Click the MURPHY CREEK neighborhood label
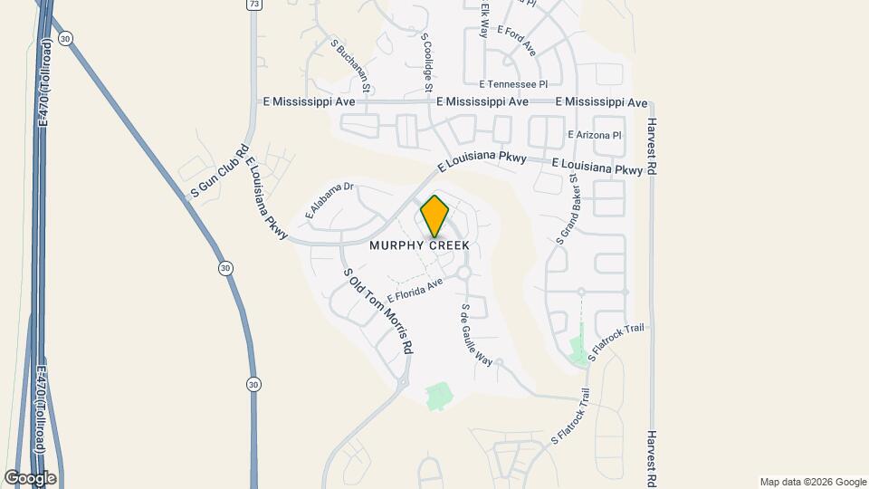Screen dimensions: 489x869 coord(419,246)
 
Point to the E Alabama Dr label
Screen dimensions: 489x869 coord(329,201)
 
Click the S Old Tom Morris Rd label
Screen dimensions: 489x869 coord(377,311)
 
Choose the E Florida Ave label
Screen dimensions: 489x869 coord(415,291)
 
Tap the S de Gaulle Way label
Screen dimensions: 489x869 coord(475,334)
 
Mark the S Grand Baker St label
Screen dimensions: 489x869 coord(568,210)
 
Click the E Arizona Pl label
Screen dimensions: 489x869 coord(595,135)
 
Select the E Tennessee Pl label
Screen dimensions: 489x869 coord(514,83)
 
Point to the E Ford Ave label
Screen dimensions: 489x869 coord(516,41)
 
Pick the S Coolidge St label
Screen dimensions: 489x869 coord(425,63)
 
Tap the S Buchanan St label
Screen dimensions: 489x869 coord(351,66)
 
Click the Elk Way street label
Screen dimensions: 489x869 coord(485,18)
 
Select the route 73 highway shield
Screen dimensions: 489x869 coord(255,5)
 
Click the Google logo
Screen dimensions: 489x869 coord(30,477)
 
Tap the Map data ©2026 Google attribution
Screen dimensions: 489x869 coord(812,482)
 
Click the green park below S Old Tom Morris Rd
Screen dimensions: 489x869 coord(439,396)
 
